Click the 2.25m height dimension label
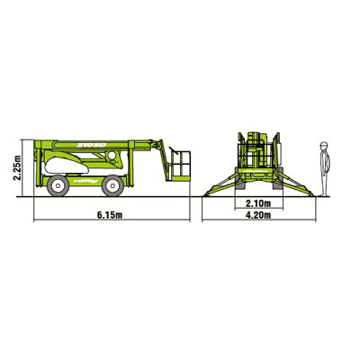click(18, 167)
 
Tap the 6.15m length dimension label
click(110, 215)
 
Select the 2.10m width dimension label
click(258, 203)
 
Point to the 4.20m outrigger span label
click(258, 215)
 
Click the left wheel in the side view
click(58, 185)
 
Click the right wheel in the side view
click(112, 185)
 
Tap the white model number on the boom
click(92, 145)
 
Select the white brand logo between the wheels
click(83, 181)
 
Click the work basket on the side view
click(179, 166)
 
